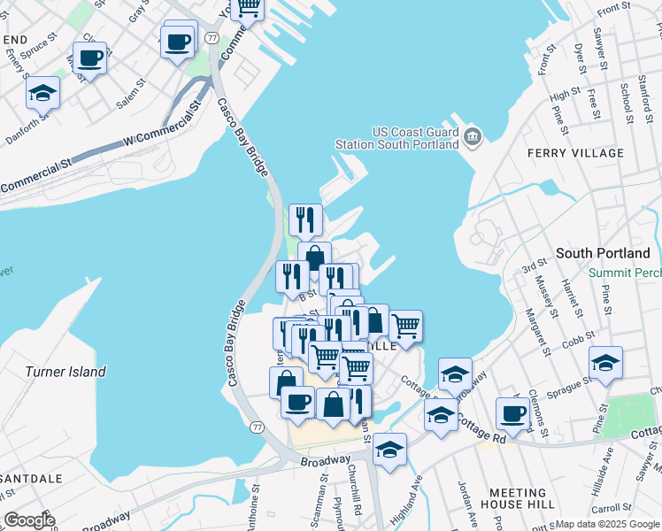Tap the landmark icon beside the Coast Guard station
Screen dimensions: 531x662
tap(473, 136)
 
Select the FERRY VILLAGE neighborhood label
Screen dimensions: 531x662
tap(575, 153)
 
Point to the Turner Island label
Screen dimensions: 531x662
tap(65, 372)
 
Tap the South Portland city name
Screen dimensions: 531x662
tap(603, 253)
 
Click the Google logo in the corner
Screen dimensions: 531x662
tap(29, 520)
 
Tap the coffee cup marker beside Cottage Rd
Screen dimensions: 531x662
tap(512, 413)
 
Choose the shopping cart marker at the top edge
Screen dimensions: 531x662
tap(248, 9)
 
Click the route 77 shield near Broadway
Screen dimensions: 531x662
tap(257, 427)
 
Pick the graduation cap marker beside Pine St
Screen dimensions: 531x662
tap(606, 363)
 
